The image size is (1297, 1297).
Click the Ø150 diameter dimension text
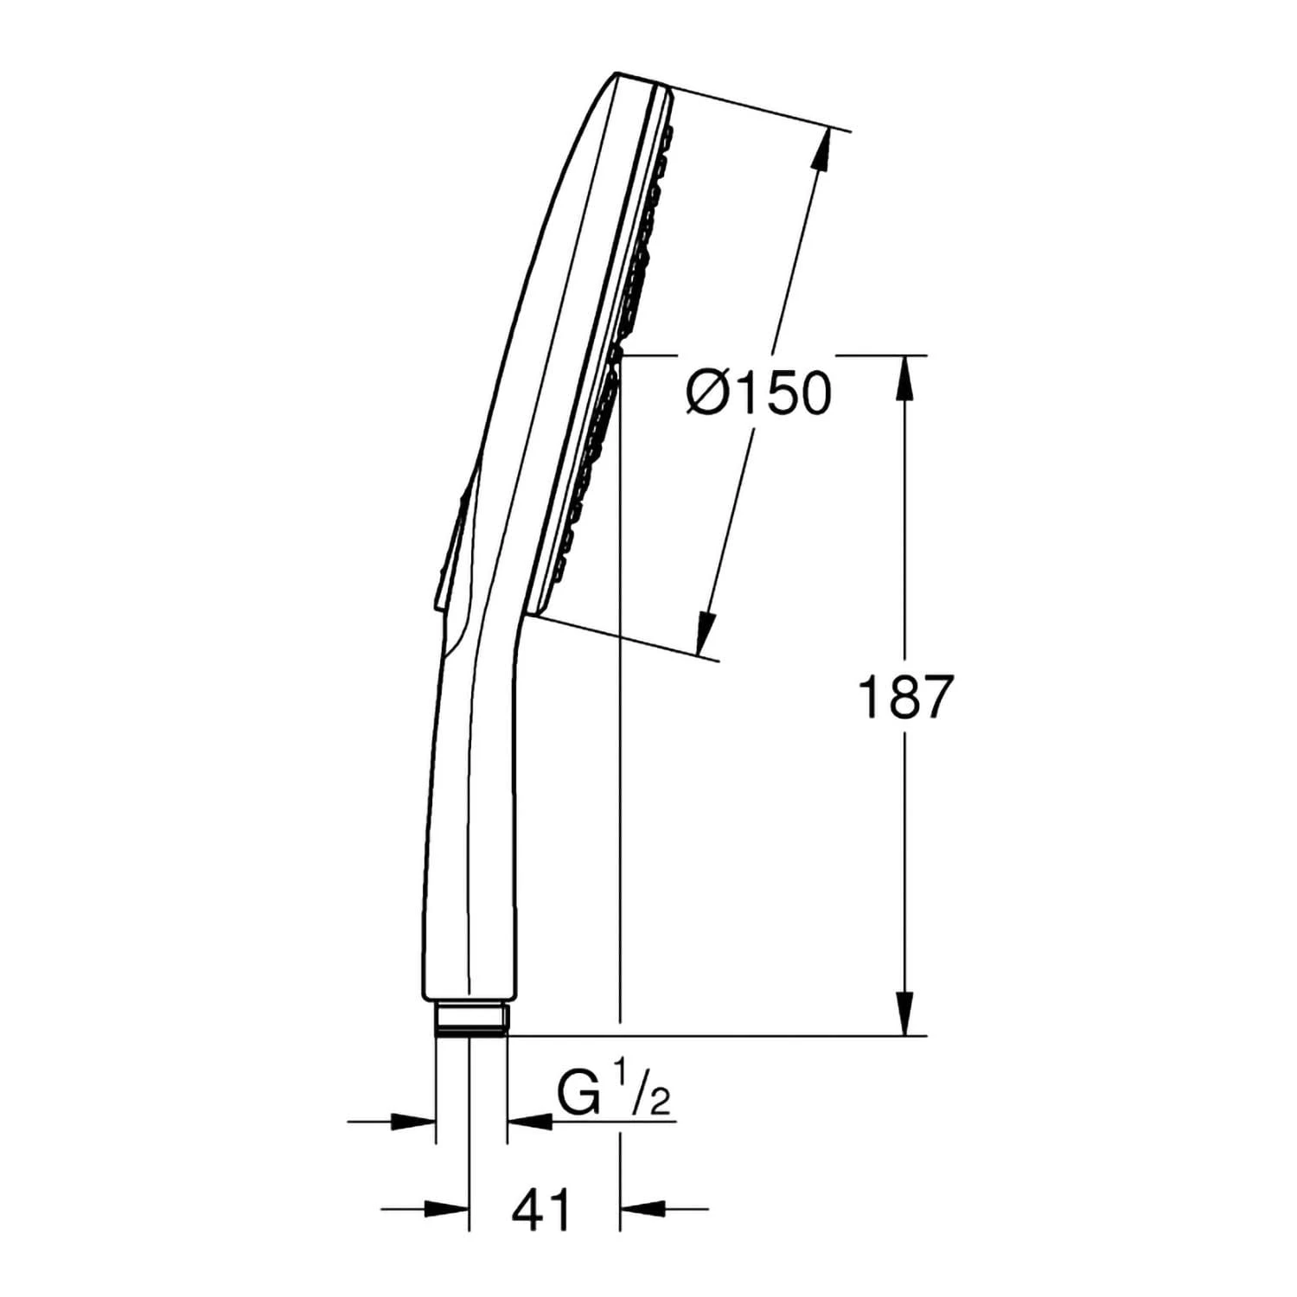(x=758, y=394)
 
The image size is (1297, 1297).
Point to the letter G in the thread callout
(x=578, y=1096)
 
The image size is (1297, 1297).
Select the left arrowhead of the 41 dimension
(x=447, y=1209)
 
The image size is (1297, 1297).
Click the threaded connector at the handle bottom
(x=471, y=1018)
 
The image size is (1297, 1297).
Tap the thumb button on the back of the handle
(x=451, y=545)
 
